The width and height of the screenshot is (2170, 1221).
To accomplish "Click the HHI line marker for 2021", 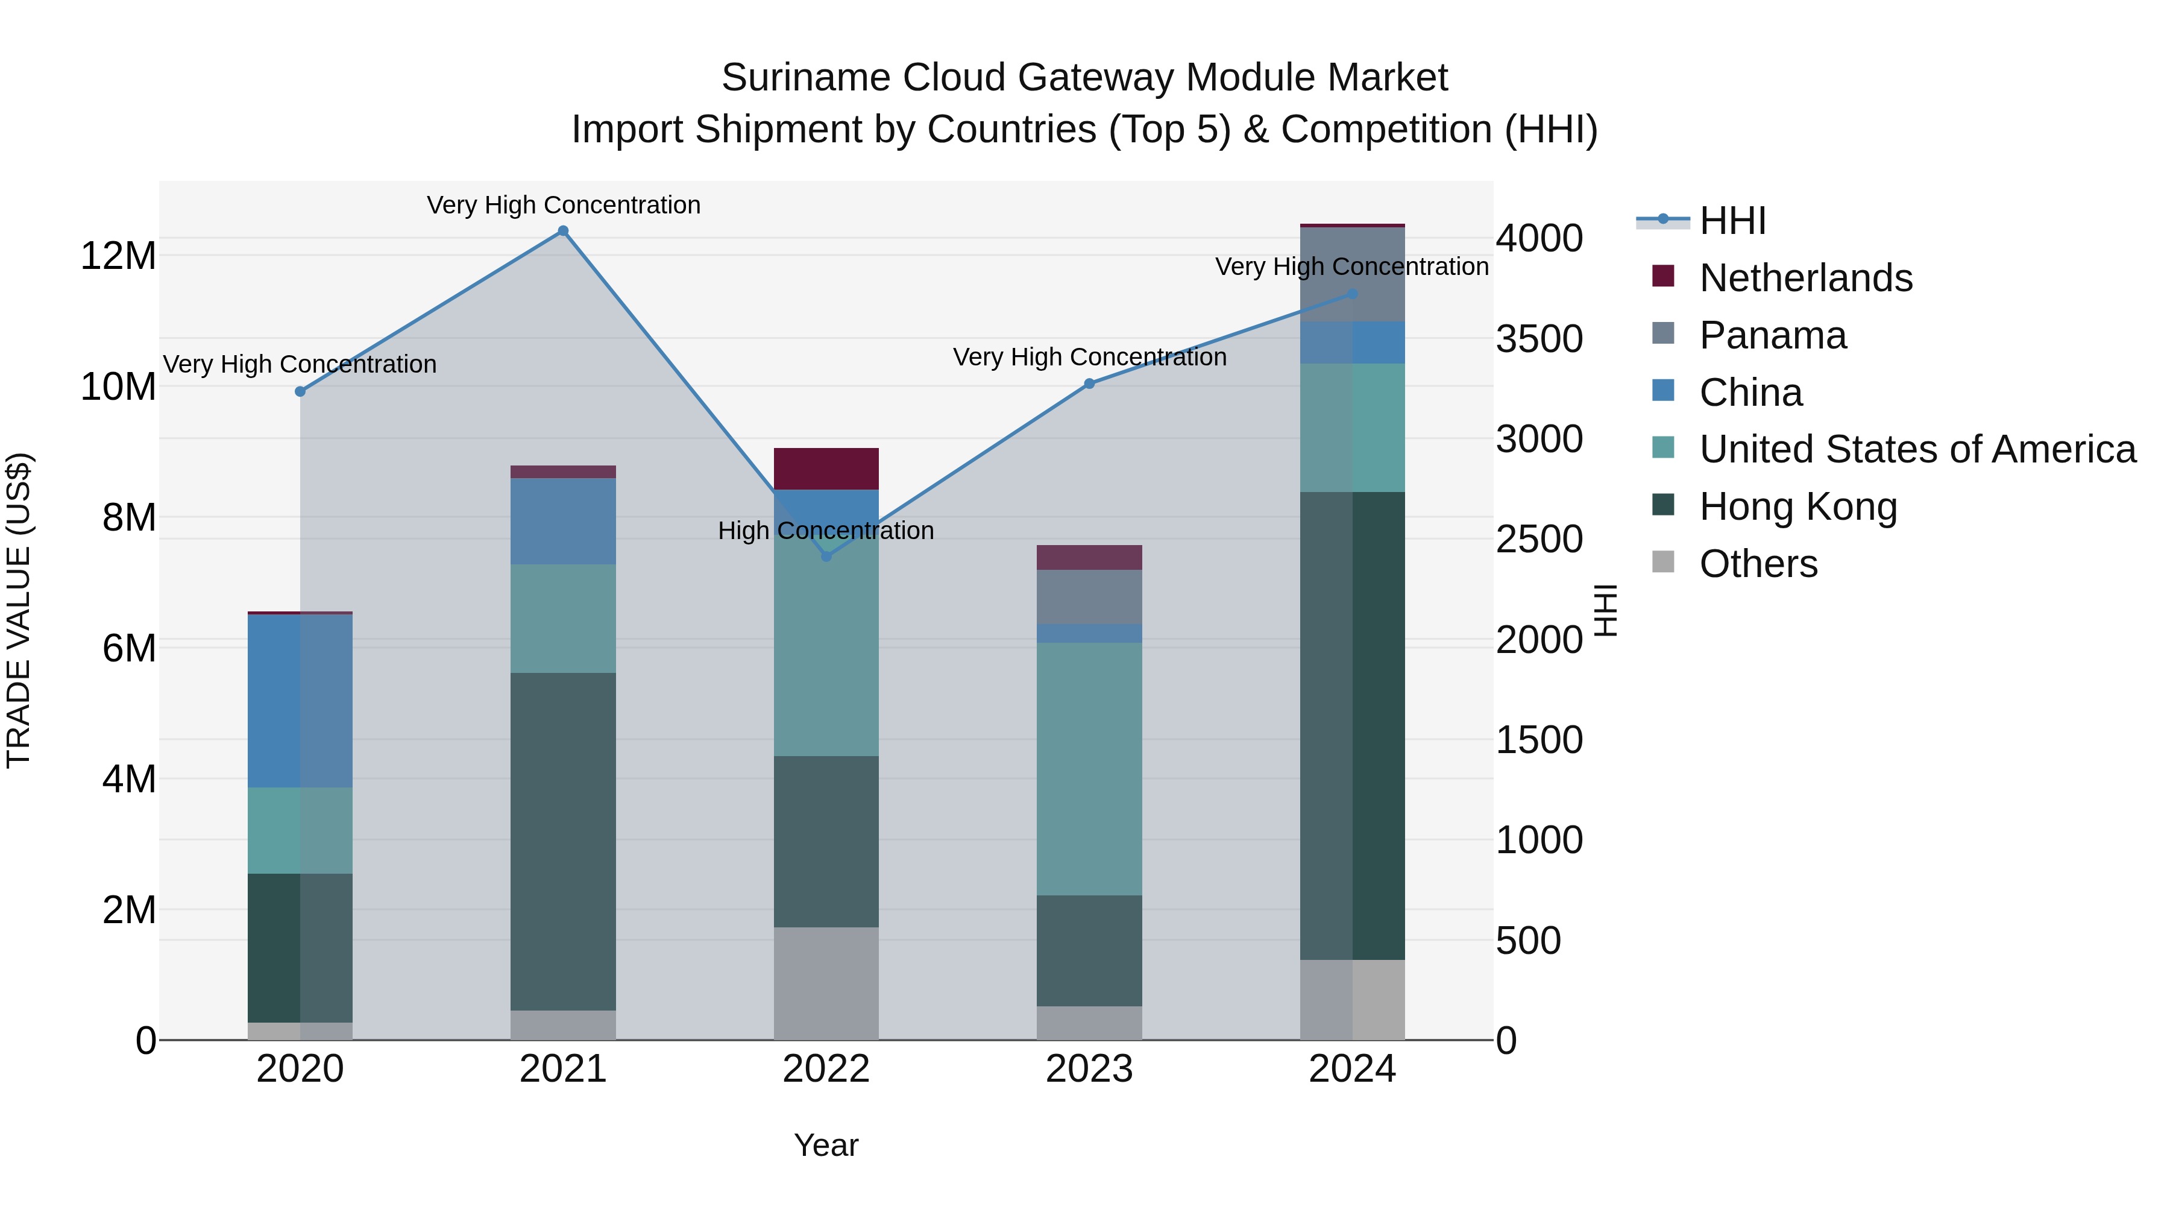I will pos(563,231).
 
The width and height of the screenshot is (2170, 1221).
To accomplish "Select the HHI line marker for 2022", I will pos(826,556).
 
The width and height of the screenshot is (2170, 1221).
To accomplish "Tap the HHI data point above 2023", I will pos(1089,383).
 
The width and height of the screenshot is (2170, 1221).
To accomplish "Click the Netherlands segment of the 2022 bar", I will pos(826,469).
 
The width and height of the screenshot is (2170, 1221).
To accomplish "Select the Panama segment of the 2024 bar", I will pos(1352,274).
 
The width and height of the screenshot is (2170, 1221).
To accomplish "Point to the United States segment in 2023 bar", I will pos(1089,769).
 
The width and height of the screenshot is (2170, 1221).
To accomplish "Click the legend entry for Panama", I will pos(1772,335).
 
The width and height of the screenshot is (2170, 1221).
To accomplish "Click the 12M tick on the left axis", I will pos(118,255).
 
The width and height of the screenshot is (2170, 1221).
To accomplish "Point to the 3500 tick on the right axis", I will pos(1539,339).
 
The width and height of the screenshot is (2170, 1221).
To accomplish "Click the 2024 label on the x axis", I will pos(1352,1069).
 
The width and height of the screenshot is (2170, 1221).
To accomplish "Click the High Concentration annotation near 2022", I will pos(826,531).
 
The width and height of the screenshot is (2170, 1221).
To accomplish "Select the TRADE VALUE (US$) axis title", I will pos(19,610).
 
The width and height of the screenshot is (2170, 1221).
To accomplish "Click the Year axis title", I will pos(826,1145).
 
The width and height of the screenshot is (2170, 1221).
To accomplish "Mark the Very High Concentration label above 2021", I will pos(563,205).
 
